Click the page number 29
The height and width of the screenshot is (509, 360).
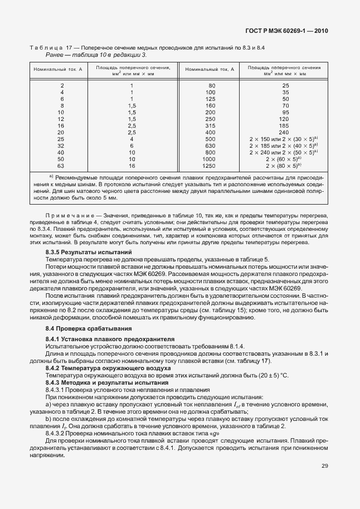(x=324, y=466)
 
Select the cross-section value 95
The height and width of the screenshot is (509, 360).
(x=285, y=112)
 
